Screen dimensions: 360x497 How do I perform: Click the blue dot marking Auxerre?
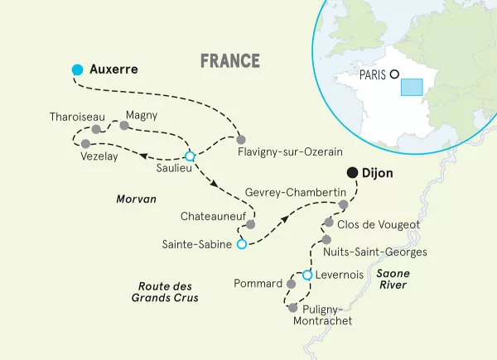coord(77,70)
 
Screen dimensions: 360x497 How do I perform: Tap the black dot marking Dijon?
coord(353,173)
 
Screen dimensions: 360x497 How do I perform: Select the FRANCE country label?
coord(230,61)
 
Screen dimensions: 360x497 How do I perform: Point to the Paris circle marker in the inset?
coord(395,73)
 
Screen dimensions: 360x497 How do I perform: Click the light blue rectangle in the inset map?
coord(412,89)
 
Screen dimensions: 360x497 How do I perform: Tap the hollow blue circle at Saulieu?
coord(189,156)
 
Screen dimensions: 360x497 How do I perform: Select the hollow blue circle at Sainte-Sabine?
coord(241,244)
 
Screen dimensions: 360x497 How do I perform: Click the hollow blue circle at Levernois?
coord(306,275)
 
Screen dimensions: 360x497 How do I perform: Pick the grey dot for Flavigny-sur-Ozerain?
coord(241,138)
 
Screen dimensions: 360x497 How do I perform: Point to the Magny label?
coord(142,115)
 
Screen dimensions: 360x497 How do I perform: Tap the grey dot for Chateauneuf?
coord(251,224)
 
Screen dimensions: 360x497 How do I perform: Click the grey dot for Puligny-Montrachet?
coord(292,308)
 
